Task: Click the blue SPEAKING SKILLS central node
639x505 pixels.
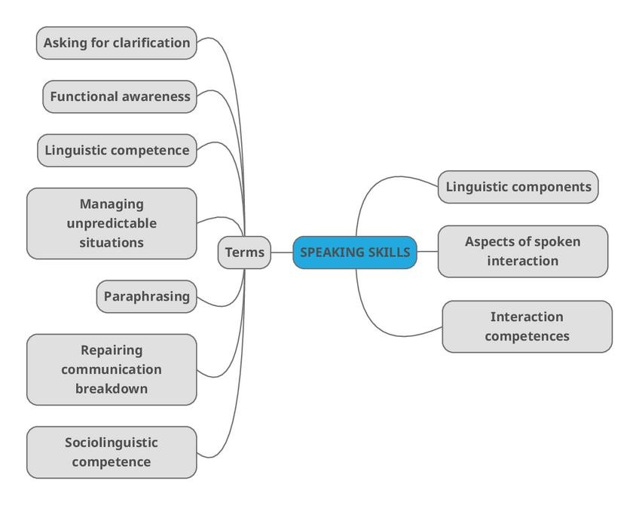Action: (354, 252)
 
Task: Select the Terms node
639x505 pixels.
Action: (245, 252)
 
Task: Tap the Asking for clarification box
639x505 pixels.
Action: (117, 43)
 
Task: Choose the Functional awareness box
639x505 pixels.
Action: (120, 96)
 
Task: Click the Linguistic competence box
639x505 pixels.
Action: (117, 150)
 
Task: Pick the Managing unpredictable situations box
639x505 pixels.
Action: (112, 223)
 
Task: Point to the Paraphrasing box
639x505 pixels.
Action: (147, 296)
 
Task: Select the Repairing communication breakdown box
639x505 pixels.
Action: (112, 369)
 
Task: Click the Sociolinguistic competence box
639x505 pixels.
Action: (112, 452)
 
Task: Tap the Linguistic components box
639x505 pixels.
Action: (518, 187)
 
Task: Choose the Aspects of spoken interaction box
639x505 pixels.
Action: (522, 251)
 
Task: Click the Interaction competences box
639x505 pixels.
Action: (527, 326)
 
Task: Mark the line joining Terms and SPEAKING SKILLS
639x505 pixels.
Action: (282, 252)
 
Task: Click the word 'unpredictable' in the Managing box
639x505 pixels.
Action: (112, 223)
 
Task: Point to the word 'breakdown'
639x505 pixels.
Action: (112, 389)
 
